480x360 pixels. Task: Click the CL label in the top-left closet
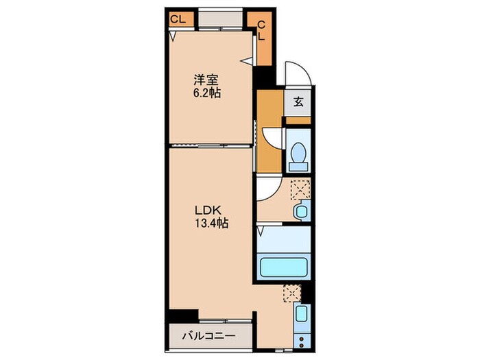tap(178, 19)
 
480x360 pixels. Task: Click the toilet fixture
tap(298, 156)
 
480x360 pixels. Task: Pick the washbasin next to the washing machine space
tap(300, 212)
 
